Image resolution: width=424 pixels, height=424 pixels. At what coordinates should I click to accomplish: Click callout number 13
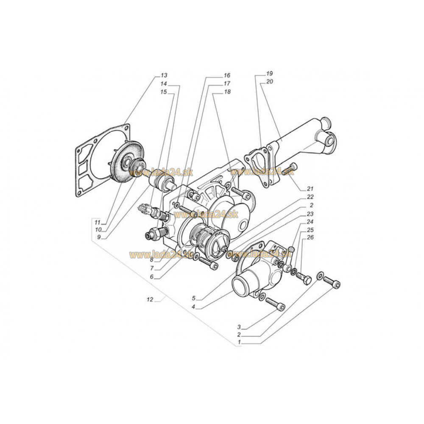tap(164, 75)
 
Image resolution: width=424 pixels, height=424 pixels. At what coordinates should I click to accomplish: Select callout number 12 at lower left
tap(149, 299)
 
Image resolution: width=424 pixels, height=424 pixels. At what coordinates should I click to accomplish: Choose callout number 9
tap(99, 237)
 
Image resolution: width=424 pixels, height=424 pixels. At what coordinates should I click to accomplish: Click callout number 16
tap(227, 75)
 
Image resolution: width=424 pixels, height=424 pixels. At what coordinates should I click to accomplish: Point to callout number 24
tap(310, 221)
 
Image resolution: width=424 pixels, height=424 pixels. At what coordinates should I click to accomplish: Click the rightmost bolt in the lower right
tap(332, 282)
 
